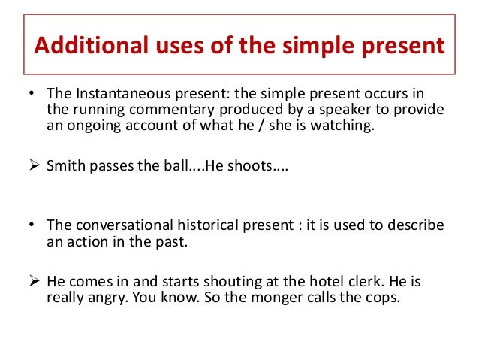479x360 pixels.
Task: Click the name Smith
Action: (x=65, y=166)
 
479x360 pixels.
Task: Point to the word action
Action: (x=86, y=242)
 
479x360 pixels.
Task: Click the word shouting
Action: (x=227, y=283)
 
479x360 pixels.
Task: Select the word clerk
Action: (x=359, y=283)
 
